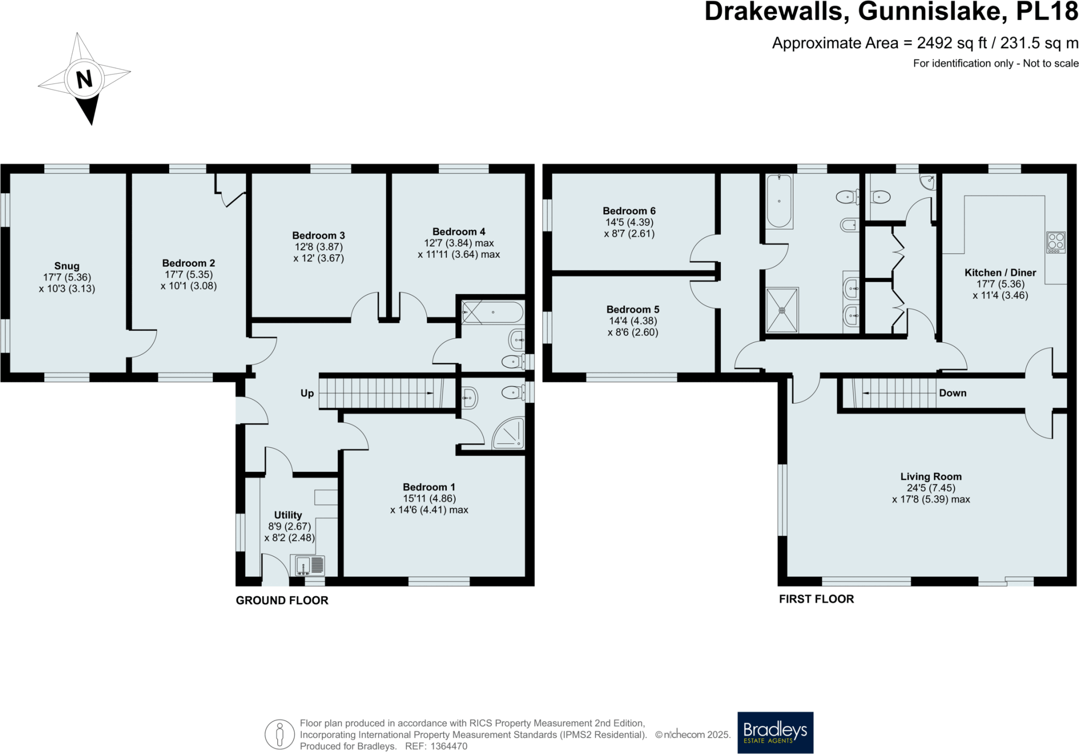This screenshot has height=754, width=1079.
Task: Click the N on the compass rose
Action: coord(84,79)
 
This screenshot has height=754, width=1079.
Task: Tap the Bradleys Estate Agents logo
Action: coord(775,732)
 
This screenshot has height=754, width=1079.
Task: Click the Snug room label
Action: coord(67,266)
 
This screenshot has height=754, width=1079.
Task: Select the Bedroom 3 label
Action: coord(318,236)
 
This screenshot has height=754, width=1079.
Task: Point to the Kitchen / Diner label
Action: coord(1000,273)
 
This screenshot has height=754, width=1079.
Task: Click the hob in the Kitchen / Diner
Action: coord(1056,242)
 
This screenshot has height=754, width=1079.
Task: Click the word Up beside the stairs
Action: coord(307,393)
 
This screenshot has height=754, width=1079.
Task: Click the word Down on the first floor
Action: coord(952,393)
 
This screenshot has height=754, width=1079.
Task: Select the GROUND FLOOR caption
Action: coord(282,600)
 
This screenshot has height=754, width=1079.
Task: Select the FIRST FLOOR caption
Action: coord(816,598)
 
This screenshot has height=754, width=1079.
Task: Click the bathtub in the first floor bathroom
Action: coord(779,201)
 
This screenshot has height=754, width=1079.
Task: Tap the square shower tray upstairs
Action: coord(782,310)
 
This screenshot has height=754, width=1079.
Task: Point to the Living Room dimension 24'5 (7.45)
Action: coord(931,488)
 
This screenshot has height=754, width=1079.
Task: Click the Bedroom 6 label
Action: coord(629,211)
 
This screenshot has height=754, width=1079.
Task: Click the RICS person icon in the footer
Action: coord(280,734)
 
